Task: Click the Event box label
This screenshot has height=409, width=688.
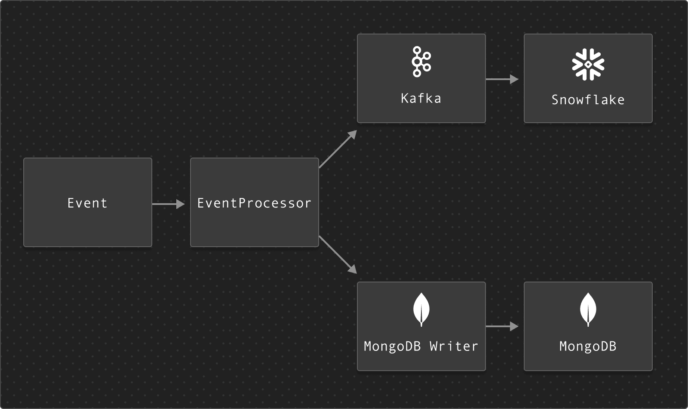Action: pyautogui.click(x=87, y=203)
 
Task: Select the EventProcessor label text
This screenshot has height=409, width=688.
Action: pyautogui.click(x=254, y=203)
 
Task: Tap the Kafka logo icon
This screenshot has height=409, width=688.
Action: pyautogui.click(x=421, y=62)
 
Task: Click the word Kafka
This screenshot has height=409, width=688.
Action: pyautogui.click(x=421, y=99)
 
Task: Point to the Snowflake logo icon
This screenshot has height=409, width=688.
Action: pyautogui.click(x=588, y=64)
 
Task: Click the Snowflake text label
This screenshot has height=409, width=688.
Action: pyautogui.click(x=588, y=100)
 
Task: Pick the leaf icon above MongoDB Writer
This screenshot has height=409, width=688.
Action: pyautogui.click(x=421, y=310)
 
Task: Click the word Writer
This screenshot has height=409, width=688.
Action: pyautogui.click(x=454, y=346)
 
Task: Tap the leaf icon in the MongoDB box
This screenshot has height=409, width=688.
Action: pyautogui.click(x=588, y=310)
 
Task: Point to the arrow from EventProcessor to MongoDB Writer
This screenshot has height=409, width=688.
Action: pyautogui.click(x=337, y=254)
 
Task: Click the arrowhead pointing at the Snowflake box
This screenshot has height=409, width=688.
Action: pyautogui.click(x=514, y=79)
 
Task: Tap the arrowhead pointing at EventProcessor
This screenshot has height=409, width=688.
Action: pyautogui.click(x=180, y=204)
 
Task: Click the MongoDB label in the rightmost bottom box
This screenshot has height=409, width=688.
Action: pyautogui.click(x=588, y=346)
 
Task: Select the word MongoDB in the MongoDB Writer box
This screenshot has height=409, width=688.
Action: pyautogui.click(x=392, y=346)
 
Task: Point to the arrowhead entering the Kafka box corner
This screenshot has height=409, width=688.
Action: pyautogui.click(x=352, y=135)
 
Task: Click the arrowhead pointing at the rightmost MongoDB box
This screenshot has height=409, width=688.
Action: pyautogui.click(x=514, y=326)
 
